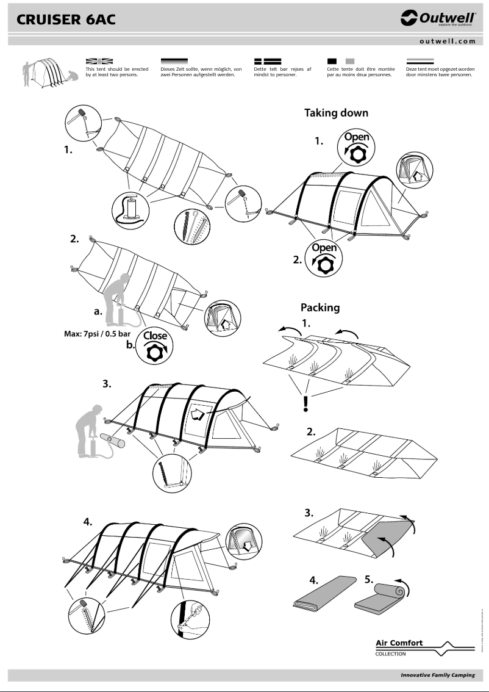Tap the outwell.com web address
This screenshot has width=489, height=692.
pos(447,41)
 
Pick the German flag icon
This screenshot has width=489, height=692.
pos(174,62)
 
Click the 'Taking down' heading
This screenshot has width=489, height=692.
pos(336,113)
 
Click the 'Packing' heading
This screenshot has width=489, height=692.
pos(319,308)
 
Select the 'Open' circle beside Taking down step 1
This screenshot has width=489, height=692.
pos(357,146)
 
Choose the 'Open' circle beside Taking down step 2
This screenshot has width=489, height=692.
pos(324,258)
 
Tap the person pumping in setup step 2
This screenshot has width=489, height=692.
pos(118,301)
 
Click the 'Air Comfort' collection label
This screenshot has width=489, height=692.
pos(399,643)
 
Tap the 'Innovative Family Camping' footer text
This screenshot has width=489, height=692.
pos(437,676)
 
